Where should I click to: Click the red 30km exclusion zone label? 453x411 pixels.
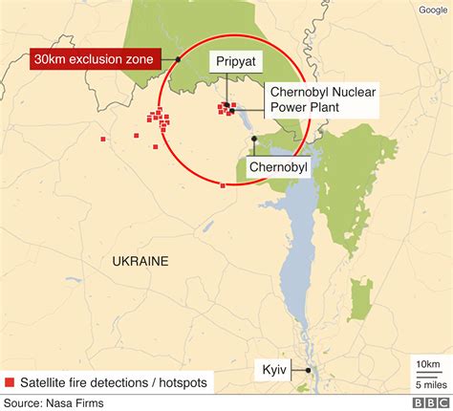pyautogui.click(x=93, y=59)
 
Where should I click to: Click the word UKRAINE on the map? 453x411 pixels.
pyautogui.click(x=140, y=261)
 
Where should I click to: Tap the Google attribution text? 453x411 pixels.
pyautogui.click(x=432, y=11)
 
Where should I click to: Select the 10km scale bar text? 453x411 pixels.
pyautogui.click(x=428, y=364)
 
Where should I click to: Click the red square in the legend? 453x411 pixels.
pyautogui.click(x=10, y=382)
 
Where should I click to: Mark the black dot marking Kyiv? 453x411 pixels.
pyautogui.click(x=309, y=370)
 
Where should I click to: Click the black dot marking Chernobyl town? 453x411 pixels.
pyautogui.click(x=254, y=140)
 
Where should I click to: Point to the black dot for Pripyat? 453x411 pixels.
pyautogui.click(x=226, y=104)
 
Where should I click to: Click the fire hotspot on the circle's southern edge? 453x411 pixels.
pyautogui.click(x=223, y=184)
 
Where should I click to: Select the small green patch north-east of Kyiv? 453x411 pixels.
pyautogui.click(x=360, y=298)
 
